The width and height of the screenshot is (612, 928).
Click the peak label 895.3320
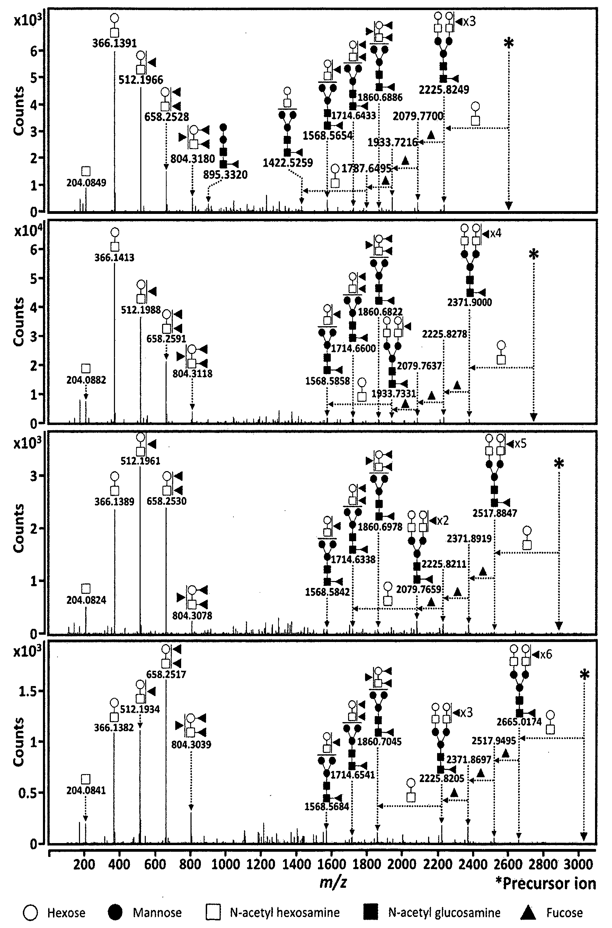(225, 175)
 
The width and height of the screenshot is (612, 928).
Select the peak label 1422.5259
(288, 163)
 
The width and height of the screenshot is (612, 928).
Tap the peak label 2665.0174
(519, 721)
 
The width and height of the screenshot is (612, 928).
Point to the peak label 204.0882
(86, 380)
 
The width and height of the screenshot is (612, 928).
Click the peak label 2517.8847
(495, 513)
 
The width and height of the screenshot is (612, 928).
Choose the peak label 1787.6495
(366, 168)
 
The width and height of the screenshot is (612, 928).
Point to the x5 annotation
(520, 444)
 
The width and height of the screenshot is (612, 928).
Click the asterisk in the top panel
(508, 43)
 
